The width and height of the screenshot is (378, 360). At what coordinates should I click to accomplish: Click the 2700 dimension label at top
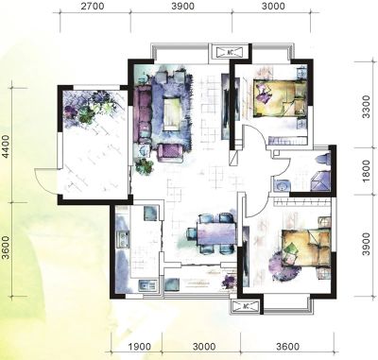(x=93, y=6)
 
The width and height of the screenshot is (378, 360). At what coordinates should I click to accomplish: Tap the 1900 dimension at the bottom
(x=140, y=347)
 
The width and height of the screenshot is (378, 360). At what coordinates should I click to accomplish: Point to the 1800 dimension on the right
(x=366, y=171)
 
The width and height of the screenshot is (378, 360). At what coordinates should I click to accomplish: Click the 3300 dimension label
(x=366, y=107)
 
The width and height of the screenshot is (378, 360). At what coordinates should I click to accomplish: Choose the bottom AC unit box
(x=246, y=306)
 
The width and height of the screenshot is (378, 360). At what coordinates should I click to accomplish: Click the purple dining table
(x=217, y=233)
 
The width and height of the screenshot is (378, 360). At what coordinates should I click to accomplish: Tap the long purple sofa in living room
(x=144, y=113)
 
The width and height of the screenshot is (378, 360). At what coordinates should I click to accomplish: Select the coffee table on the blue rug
(x=172, y=113)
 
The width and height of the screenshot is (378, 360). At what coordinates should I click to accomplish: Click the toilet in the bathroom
(x=322, y=158)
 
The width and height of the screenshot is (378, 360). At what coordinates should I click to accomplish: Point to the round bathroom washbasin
(x=281, y=184)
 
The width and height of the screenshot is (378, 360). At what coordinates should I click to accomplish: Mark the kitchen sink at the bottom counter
(x=147, y=285)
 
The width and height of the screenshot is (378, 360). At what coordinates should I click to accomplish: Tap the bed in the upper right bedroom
(x=281, y=98)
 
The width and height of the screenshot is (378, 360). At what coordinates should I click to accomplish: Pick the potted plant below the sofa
(x=145, y=166)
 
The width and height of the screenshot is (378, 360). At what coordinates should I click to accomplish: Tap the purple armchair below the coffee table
(x=170, y=153)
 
